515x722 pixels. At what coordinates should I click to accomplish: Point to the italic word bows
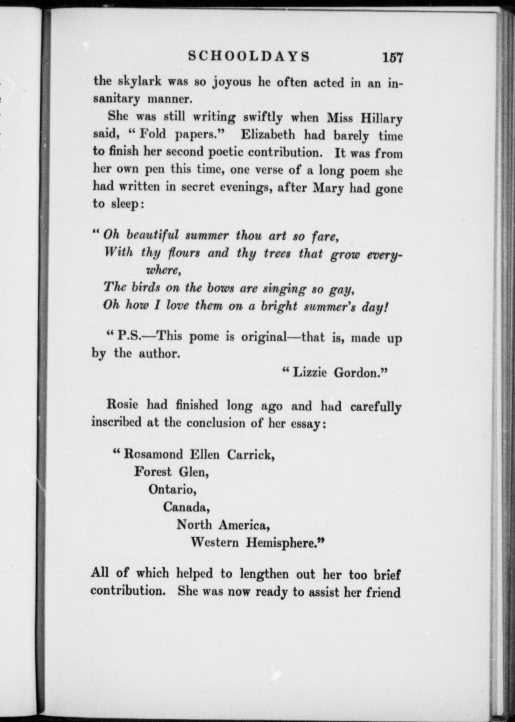(x=220, y=288)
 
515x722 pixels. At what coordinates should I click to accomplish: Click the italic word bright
(x=279, y=306)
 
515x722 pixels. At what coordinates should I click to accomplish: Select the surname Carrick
(x=251, y=455)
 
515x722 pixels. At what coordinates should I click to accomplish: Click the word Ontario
(x=172, y=489)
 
